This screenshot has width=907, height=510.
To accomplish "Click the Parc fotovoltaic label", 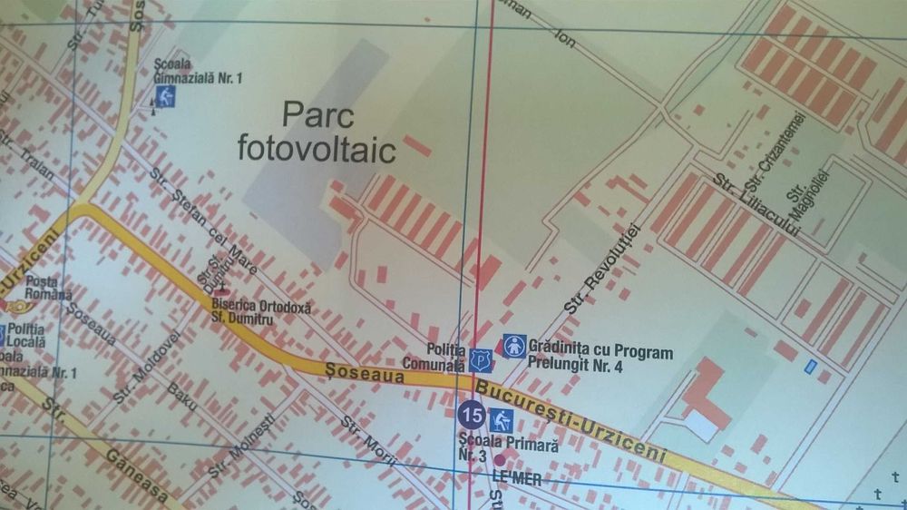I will (317, 132).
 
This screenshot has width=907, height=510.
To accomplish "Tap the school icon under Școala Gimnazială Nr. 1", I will (164, 97).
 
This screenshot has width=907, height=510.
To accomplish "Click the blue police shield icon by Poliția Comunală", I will (480, 358).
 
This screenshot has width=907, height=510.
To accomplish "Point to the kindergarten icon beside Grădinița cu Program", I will (514, 346).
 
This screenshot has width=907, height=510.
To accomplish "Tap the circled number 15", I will (472, 416).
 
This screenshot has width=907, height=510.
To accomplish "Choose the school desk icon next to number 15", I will (502, 419).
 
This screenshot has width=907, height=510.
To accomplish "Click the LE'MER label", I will (516, 477).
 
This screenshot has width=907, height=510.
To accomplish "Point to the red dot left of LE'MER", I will (498, 460).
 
